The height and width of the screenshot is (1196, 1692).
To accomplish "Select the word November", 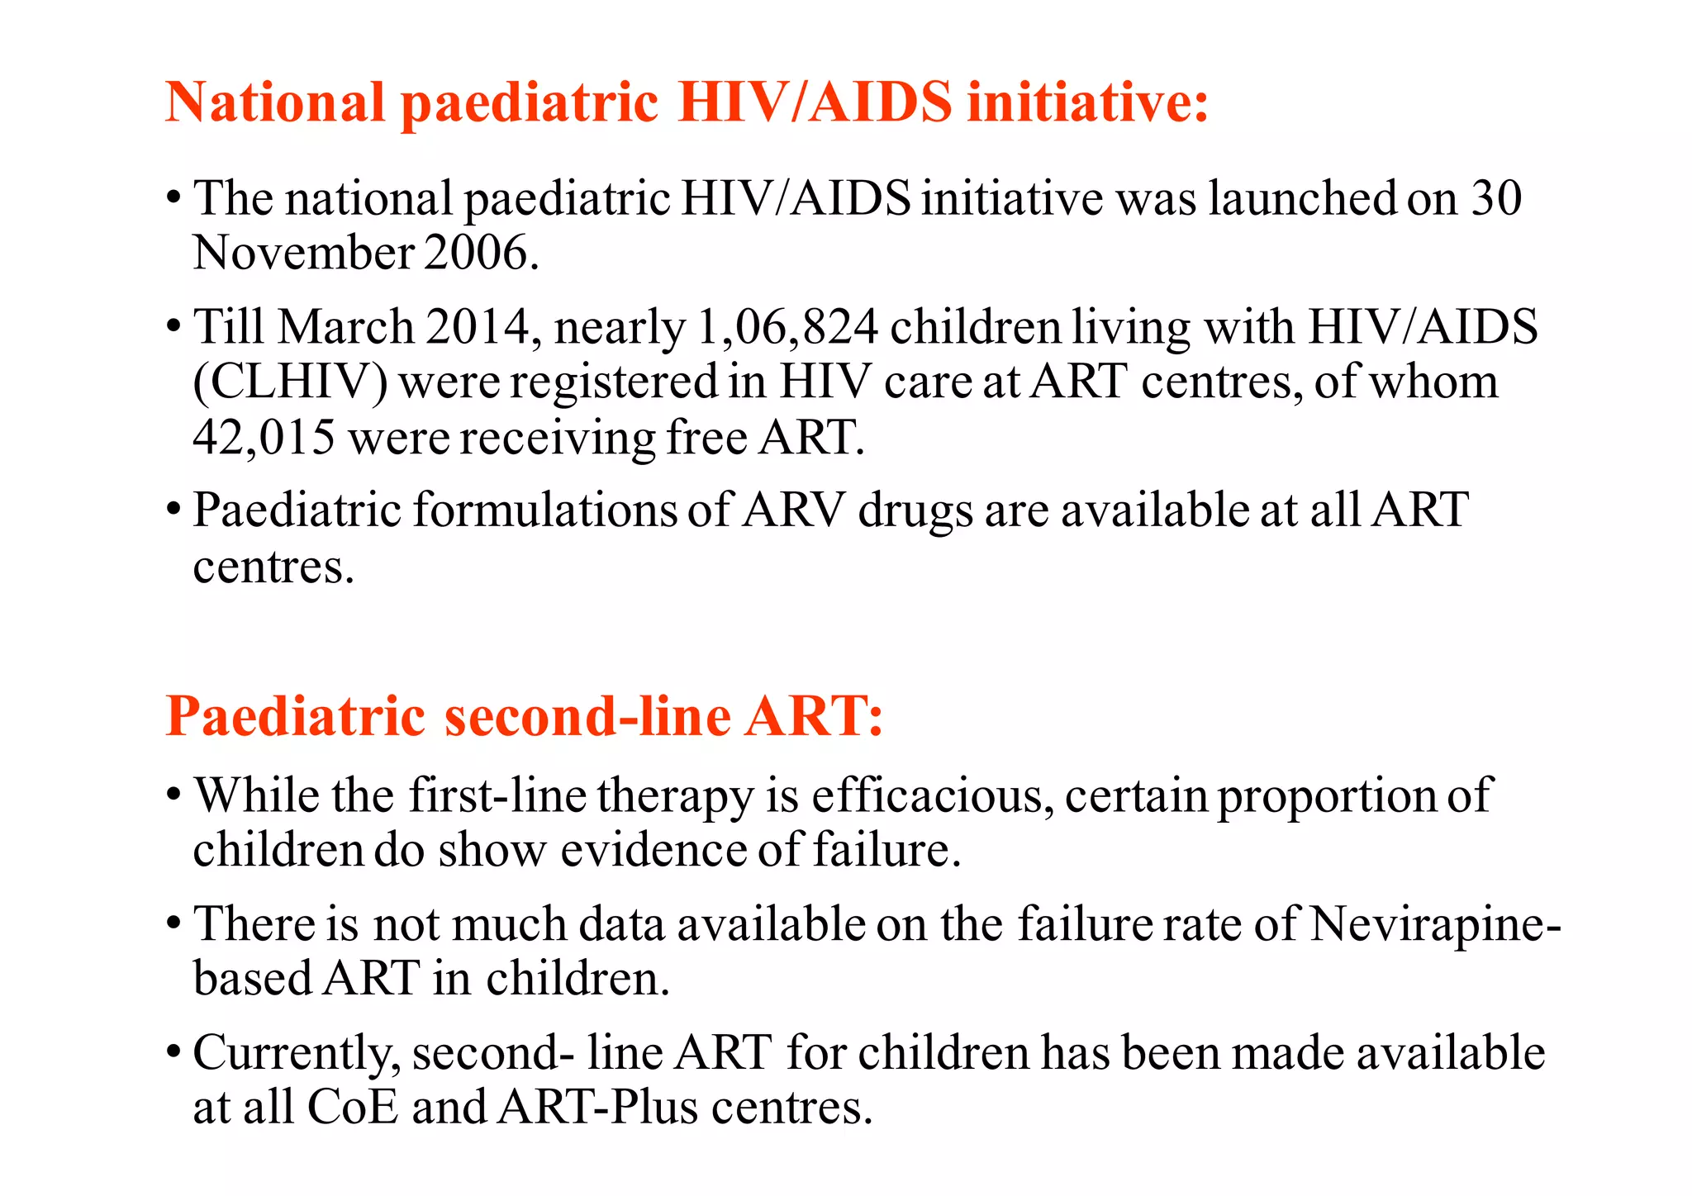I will tap(303, 253).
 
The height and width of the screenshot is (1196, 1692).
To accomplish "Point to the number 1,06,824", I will tap(787, 327).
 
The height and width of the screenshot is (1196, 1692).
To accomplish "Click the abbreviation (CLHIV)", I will tap(290, 382).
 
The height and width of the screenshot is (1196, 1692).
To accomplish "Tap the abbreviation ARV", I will tap(794, 510).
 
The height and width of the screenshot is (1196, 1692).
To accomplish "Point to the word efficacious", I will tap(932, 795).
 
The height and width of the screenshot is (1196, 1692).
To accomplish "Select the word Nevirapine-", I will tap(1436, 924).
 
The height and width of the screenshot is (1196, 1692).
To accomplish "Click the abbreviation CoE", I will tap(352, 1108).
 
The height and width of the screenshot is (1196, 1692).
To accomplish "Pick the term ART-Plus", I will tap(598, 1108).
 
